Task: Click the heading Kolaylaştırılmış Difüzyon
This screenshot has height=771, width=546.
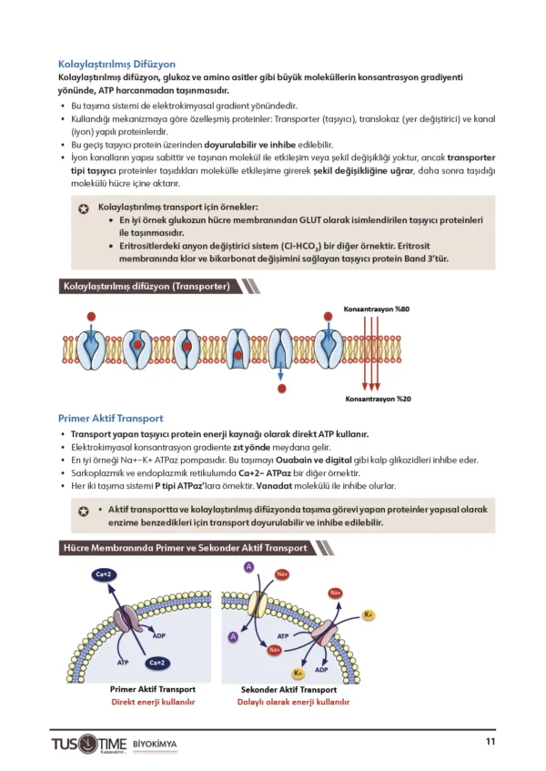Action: [116, 65]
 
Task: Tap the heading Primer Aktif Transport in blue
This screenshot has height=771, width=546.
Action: [110, 418]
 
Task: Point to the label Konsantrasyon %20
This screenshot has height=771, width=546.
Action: [377, 399]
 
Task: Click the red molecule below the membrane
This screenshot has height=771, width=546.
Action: [282, 389]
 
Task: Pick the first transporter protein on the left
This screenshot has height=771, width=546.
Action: [91, 347]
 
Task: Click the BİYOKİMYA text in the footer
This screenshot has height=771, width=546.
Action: [155, 745]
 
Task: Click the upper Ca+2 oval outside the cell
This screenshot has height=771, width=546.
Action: [105, 574]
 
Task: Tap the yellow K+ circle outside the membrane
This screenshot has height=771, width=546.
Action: [369, 615]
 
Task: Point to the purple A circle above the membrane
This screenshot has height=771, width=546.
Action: [248, 568]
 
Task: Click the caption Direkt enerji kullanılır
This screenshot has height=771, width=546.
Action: [153, 703]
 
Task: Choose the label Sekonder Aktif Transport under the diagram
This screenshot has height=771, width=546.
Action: [288, 690]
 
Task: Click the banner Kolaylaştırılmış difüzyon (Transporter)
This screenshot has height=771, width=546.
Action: [145, 287]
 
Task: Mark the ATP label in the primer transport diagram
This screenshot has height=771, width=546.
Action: [123, 662]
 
